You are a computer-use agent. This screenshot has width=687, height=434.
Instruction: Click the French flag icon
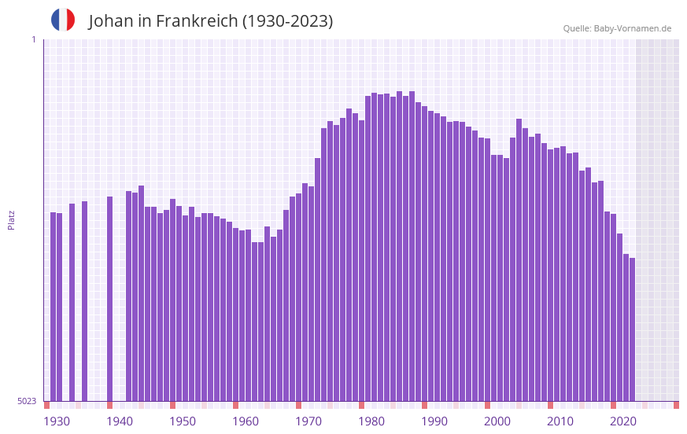pos(63,20)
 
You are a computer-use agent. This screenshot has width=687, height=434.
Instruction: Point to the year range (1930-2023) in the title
pos(287,21)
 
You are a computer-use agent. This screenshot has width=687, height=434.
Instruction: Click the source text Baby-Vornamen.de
pos(632,28)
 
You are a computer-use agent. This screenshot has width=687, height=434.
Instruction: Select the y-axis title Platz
pos(11,219)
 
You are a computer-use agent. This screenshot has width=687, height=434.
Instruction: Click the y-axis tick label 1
pos(33,39)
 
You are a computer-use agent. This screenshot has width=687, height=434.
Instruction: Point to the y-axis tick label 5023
pos(27,401)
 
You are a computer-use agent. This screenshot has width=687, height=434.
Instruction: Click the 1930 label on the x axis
pos(57,421)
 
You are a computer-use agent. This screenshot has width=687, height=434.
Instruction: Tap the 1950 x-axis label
pos(183,421)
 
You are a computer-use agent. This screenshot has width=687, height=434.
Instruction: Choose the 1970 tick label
pos(308,421)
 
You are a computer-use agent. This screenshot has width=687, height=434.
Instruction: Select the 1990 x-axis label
pos(434,421)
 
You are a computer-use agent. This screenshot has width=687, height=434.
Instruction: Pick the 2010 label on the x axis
pos(560,421)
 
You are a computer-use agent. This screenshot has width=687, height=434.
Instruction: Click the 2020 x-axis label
pos(623,421)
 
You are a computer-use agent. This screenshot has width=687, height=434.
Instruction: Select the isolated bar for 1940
pos(110,299)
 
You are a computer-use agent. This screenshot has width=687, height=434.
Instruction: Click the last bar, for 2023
pos(632,329)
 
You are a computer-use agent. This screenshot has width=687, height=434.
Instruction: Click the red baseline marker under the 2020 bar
pos(613,405)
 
